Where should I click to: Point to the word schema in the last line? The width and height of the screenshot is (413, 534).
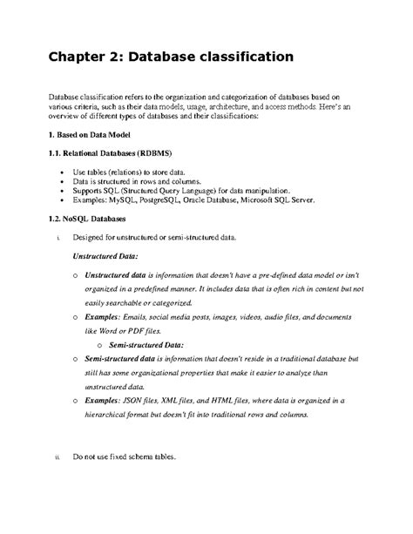click(x=132, y=456)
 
